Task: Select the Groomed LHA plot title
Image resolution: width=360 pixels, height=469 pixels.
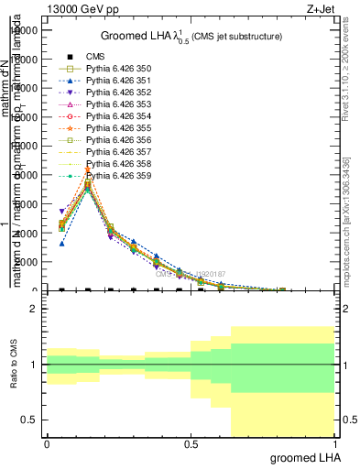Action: [191, 36]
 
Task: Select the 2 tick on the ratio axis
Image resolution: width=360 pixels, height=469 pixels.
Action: [33, 310]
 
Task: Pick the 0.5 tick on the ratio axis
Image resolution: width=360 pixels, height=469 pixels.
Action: [30, 420]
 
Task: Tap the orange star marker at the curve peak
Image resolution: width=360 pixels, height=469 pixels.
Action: [87, 170]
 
